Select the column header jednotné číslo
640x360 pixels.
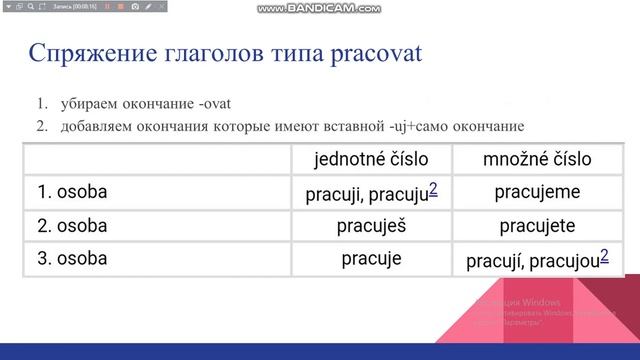[x=371, y=159]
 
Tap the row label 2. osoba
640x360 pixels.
[x=72, y=226]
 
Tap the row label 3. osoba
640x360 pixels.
[x=72, y=259]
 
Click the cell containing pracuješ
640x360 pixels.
[x=371, y=226]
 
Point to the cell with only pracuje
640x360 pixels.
[x=371, y=259]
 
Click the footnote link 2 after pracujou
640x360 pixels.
[x=605, y=255]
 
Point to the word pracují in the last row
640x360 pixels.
[x=494, y=262]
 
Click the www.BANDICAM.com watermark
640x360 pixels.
[x=319, y=8]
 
